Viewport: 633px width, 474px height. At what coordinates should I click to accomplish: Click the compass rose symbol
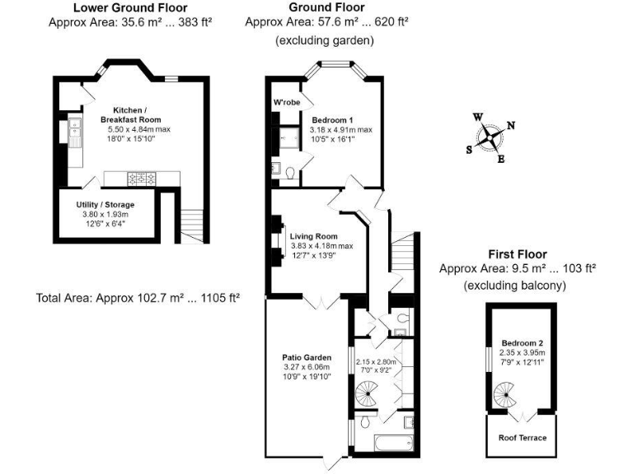(x=491, y=137)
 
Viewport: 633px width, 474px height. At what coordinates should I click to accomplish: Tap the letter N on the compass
(x=510, y=125)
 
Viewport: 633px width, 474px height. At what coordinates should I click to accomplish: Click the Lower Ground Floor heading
(x=130, y=8)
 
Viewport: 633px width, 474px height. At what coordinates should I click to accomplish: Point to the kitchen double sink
(x=75, y=132)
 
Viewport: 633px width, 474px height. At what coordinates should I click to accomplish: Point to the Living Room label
(x=314, y=236)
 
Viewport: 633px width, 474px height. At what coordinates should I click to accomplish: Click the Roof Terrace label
(x=523, y=438)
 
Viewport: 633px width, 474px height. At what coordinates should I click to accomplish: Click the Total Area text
(x=138, y=297)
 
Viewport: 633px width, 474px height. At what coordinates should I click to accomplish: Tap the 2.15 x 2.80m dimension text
(x=376, y=361)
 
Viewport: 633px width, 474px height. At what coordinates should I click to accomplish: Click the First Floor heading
(x=517, y=254)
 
